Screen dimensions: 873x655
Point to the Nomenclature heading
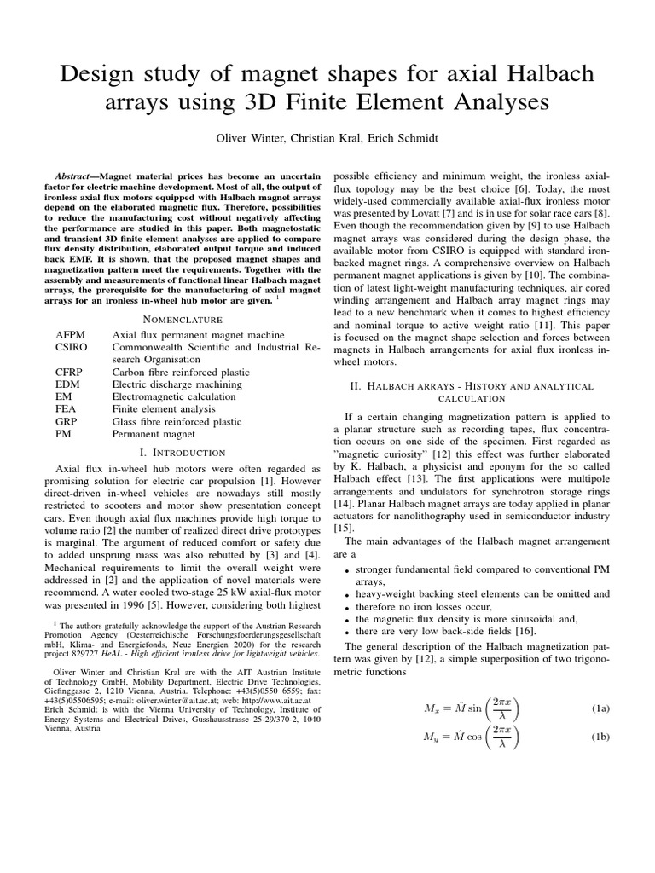tap(188, 319)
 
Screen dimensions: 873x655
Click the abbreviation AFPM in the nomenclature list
tap(70, 335)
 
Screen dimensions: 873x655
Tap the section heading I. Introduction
tap(188, 452)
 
